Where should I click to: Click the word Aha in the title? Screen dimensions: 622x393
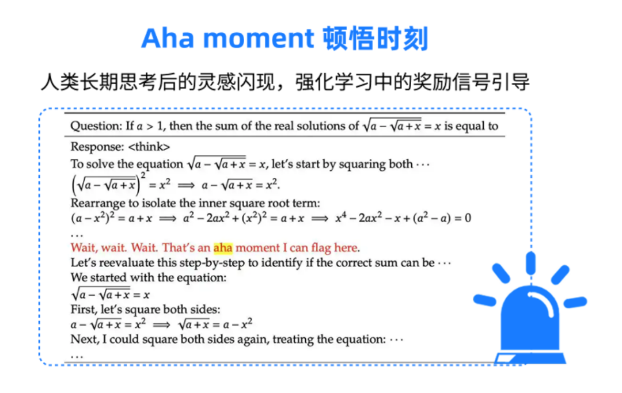pos(168,39)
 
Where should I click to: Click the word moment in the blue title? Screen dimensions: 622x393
pos(259,39)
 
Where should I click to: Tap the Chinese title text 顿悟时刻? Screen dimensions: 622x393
pos(376,39)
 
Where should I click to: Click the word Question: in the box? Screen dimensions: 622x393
pos(96,126)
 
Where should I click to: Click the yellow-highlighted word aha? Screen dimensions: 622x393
pos(223,248)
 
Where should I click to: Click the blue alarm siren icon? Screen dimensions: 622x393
pos(530,308)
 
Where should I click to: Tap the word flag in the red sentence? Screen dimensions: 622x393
pos(321,248)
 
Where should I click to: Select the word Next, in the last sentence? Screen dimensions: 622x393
pos(85,339)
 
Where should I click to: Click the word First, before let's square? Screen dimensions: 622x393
pos(84,310)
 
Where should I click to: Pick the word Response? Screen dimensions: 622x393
pos(97,147)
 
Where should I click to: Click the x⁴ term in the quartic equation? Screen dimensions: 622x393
pos(341,218)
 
